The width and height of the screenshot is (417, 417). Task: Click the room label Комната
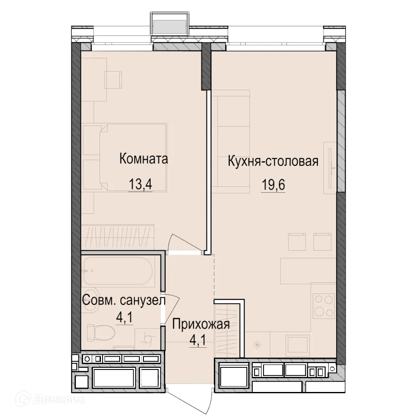[x=143, y=159]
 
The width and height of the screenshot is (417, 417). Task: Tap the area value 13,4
[x=140, y=184]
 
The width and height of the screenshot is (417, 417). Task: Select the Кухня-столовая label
[x=273, y=161]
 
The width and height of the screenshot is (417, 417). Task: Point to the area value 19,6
[x=273, y=185]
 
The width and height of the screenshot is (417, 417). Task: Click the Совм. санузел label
[x=124, y=301]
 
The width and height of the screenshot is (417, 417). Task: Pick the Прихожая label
[x=201, y=324]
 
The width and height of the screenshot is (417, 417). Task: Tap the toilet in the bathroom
[x=101, y=332]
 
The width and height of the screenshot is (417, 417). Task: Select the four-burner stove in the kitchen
[x=324, y=306]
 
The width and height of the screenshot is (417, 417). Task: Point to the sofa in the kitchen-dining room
[x=231, y=141]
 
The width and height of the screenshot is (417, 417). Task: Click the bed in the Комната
[x=125, y=158]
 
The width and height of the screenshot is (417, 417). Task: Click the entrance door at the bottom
[x=190, y=399]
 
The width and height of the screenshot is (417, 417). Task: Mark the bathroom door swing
[x=172, y=309]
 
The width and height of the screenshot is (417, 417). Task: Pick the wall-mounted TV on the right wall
[x=330, y=168]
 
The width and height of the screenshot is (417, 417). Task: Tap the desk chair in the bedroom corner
[x=113, y=80]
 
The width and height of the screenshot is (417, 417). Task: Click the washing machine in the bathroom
[x=147, y=339]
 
